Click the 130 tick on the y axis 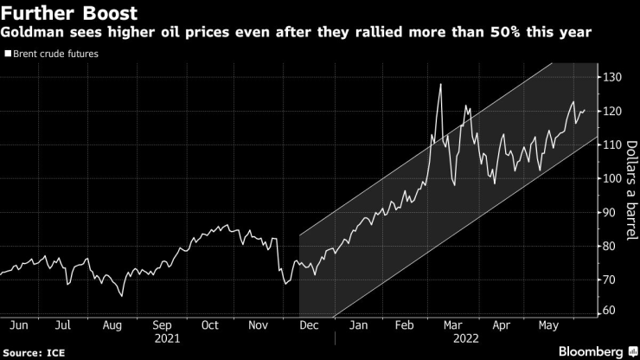613,78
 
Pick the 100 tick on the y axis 613,178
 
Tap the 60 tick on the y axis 610,311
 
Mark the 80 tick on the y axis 610,246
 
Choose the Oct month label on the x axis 210,326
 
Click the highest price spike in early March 440,84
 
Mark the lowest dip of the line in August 122,296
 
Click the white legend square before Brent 8,54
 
